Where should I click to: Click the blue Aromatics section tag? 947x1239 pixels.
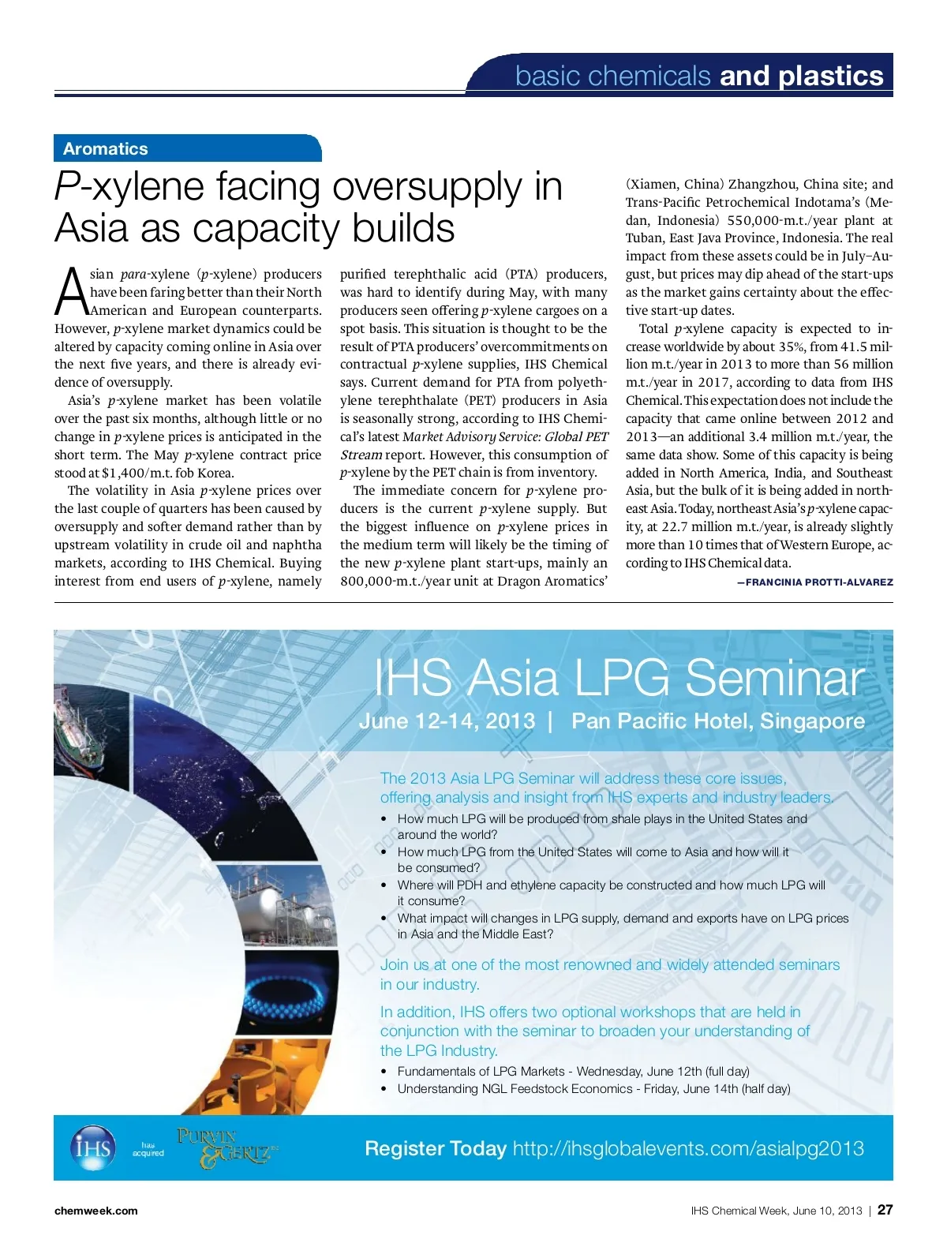(x=106, y=148)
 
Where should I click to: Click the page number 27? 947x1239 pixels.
(x=885, y=1210)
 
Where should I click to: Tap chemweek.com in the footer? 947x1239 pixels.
(x=95, y=1211)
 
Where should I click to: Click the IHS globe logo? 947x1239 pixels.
(x=92, y=1148)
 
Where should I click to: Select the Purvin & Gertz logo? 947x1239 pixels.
(x=224, y=1148)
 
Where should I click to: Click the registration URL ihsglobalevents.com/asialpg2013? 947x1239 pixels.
(x=688, y=1148)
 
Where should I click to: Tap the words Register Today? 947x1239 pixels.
(x=435, y=1148)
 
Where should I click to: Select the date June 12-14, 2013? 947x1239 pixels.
(x=447, y=721)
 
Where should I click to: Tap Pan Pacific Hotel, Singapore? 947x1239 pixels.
(x=717, y=721)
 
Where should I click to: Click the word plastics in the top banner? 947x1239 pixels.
(x=830, y=76)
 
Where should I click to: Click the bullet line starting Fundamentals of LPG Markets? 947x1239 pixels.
(x=573, y=1071)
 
